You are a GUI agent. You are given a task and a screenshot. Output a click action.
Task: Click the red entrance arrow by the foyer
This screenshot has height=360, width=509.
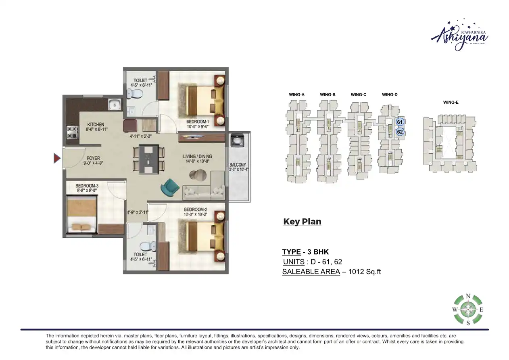point(57,159)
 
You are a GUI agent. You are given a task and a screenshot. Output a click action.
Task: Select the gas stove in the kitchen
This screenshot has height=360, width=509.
point(72,132)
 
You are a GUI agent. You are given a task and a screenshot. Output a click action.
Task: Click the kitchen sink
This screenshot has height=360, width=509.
point(115,105)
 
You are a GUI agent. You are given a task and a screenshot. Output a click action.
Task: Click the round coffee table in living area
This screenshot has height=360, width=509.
point(198,175)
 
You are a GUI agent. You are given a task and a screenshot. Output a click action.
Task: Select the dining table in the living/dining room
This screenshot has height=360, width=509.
point(148,159)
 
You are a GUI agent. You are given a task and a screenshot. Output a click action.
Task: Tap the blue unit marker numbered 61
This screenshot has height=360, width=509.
point(400,122)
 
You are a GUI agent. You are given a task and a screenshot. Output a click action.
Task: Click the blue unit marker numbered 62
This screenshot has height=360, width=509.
point(400,132)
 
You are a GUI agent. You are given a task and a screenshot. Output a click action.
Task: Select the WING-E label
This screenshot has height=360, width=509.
point(451,103)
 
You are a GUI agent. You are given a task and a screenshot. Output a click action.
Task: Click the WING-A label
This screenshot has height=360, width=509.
point(296,94)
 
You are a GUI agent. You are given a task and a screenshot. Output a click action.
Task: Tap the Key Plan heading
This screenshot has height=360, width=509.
point(302,222)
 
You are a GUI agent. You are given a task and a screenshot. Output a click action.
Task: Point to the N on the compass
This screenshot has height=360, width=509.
point(468,296)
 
